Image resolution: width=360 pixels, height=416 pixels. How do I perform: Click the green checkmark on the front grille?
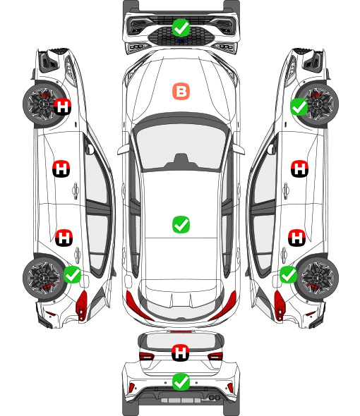coord(181,27)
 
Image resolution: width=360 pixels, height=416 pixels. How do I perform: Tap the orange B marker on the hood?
coord(181,92)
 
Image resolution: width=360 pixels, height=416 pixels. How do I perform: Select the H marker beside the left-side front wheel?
coord(63,106)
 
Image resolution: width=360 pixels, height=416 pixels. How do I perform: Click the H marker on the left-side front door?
coord(61,169)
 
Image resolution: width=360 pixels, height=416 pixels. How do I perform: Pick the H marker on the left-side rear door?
coord(64,238)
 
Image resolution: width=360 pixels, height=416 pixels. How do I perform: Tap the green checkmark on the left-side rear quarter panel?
coord(73,275)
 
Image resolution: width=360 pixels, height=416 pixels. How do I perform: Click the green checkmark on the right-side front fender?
coord(299,107)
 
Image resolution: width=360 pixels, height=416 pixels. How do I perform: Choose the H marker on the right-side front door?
coord(300,169)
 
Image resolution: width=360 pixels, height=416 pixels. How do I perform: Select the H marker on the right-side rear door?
coord(297,238)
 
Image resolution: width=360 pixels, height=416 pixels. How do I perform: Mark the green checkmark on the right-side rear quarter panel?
coord(288,274)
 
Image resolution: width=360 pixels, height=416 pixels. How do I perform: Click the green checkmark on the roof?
coord(181,224)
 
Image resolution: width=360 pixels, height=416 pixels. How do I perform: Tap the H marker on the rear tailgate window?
coord(181,353)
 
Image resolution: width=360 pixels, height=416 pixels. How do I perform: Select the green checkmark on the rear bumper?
coord(181,382)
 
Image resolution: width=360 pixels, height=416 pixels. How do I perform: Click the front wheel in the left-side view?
coord(42,104)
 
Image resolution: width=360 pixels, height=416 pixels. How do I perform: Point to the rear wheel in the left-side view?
coord(42,278)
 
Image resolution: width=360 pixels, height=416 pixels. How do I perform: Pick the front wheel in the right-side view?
coord(318,104)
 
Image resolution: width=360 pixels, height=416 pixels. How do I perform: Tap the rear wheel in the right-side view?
coord(318,278)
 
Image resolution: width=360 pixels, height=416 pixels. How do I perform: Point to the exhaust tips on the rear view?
coord(215,397)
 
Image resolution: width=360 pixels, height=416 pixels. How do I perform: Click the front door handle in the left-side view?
coord(76,190)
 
